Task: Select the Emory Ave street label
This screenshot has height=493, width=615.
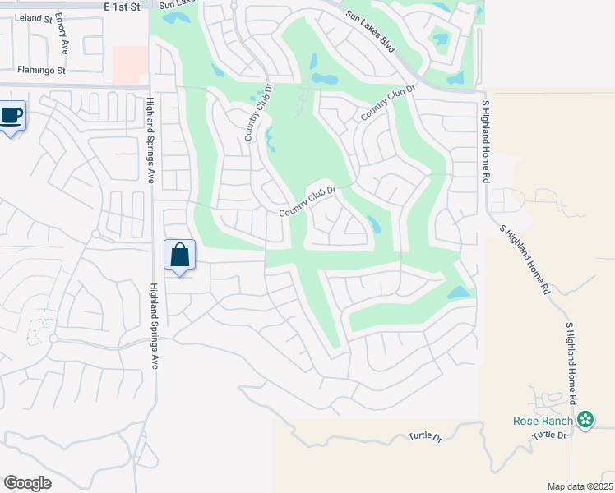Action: point(62,35)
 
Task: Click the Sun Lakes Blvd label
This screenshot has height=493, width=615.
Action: point(371,32)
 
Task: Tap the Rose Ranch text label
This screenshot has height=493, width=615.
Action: point(537,422)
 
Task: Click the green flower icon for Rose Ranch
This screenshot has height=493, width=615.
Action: point(585,422)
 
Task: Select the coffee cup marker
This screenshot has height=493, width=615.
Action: point(11,117)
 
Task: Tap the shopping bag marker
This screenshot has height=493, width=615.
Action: point(180,256)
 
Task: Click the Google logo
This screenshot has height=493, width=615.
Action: point(27,483)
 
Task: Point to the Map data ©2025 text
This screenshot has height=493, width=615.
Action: point(580,486)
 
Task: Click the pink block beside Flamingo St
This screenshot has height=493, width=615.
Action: point(129,64)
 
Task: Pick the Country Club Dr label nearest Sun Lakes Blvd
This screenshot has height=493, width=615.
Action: point(383,104)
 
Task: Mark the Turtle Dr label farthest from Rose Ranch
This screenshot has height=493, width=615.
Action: point(425,438)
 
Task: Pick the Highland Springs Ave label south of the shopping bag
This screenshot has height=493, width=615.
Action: point(154,329)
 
